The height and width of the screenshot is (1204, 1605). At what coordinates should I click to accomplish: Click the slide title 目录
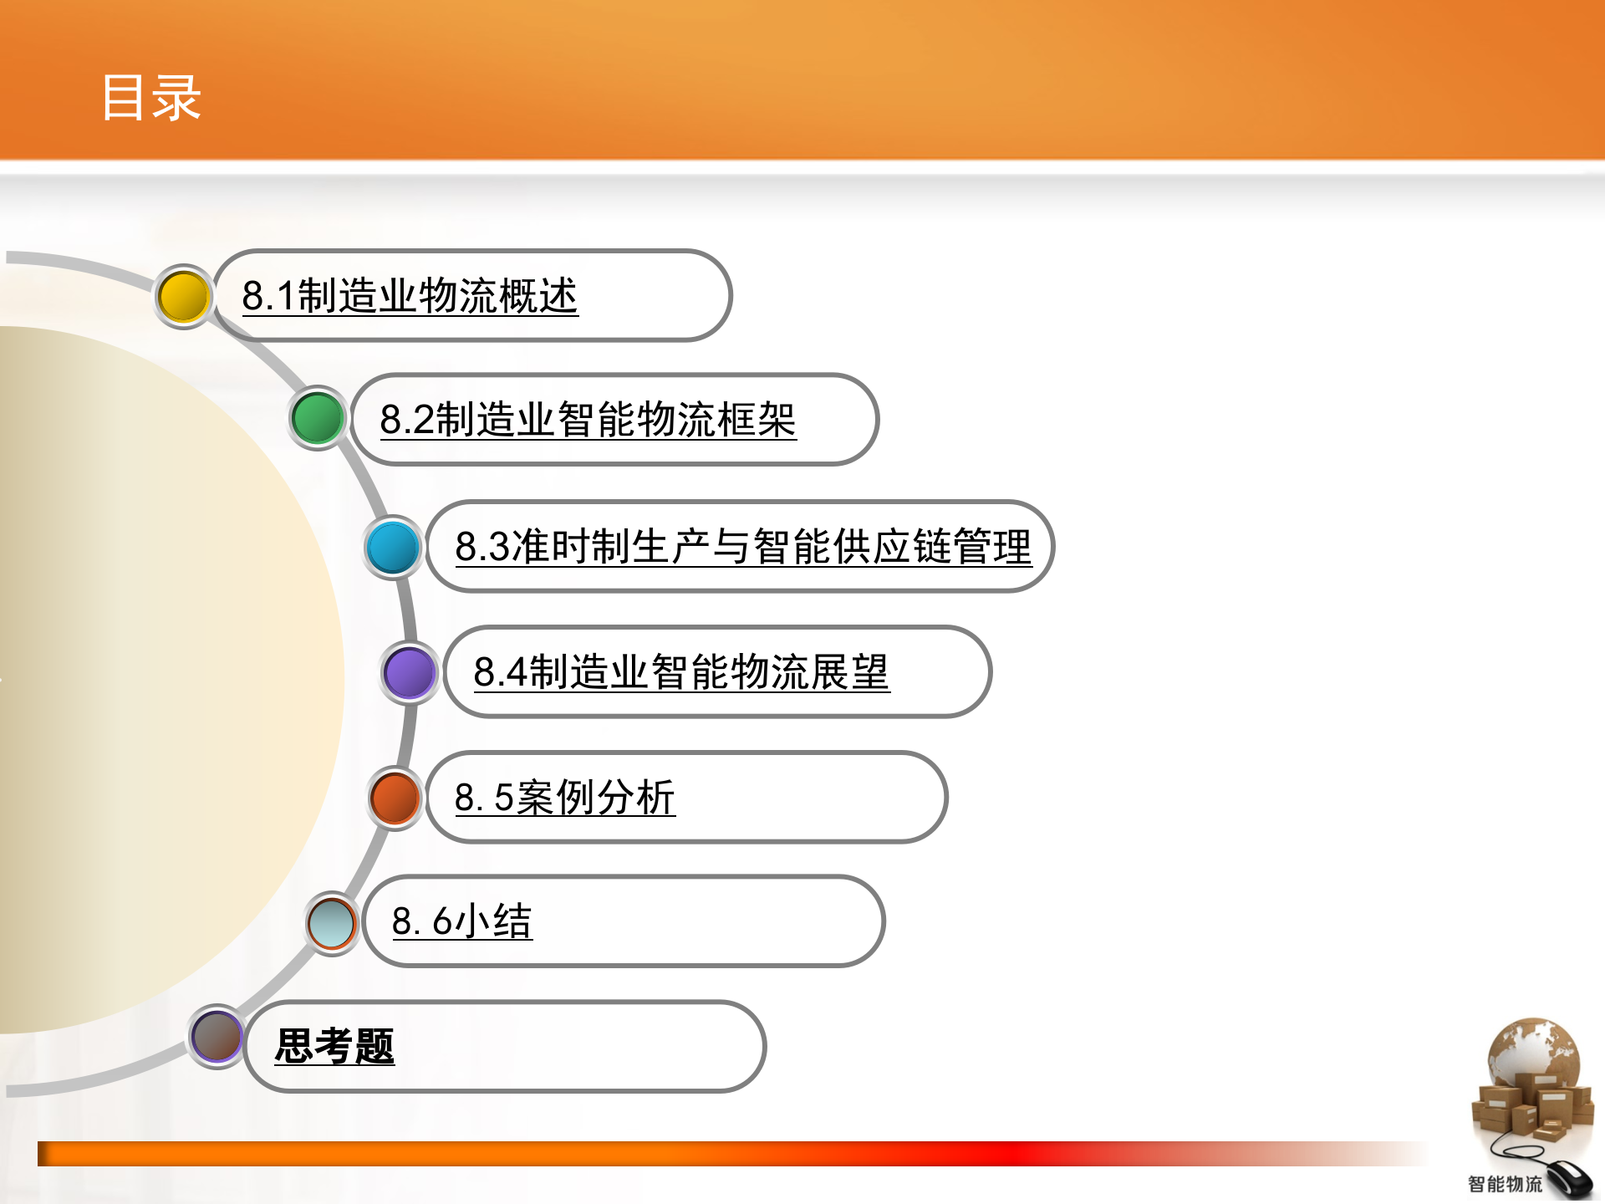click(151, 98)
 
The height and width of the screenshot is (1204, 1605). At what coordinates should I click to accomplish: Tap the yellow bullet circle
click(183, 297)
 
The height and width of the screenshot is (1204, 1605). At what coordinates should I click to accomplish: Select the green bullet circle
click(318, 418)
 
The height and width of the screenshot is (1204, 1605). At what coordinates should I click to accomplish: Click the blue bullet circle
click(393, 548)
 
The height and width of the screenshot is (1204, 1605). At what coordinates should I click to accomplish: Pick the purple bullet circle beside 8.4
click(410, 672)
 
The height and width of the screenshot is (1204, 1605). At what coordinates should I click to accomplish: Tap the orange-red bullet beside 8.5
click(395, 798)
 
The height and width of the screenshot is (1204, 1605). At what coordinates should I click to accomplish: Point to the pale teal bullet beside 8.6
click(332, 923)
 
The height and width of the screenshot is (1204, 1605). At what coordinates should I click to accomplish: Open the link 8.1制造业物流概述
click(410, 296)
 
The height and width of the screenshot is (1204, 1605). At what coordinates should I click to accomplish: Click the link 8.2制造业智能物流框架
click(588, 420)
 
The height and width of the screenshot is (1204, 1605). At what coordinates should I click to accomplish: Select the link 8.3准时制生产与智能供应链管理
click(743, 547)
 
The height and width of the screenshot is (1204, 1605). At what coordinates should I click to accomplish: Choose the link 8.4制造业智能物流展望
click(681, 672)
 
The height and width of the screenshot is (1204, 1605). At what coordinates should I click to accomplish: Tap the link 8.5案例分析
click(564, 797)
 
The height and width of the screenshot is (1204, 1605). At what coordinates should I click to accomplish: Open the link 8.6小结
click(461, 921)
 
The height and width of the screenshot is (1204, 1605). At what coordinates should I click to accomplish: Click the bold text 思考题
click(334, 1046)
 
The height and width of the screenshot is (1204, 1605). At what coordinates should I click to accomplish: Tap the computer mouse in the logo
click(1570, 1179)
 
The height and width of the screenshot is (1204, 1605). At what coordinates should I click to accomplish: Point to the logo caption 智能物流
click(1505, 1184)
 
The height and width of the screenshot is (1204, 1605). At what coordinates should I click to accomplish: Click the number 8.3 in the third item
click(482, 547)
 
